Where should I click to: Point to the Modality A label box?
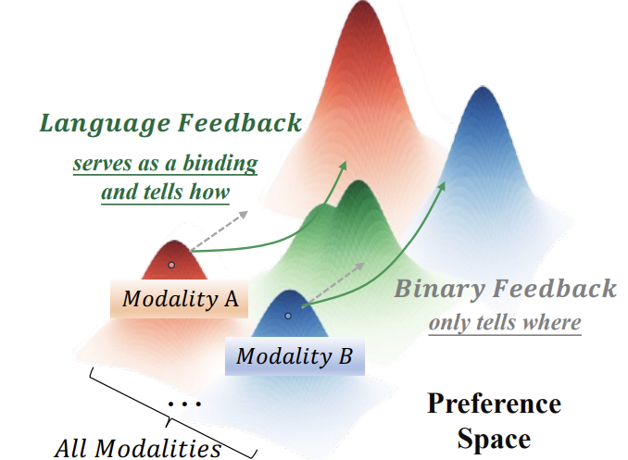point(180,299)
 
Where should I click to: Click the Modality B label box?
point(294,354)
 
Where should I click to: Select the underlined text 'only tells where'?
point(504,323)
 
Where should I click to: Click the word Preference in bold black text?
point(494,404)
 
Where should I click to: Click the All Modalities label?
point(138,449)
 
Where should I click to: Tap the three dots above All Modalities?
point(186,404)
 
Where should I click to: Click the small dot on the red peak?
point(171,265)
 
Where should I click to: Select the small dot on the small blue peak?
point(288,316)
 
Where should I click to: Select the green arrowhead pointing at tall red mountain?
point(343,165)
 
